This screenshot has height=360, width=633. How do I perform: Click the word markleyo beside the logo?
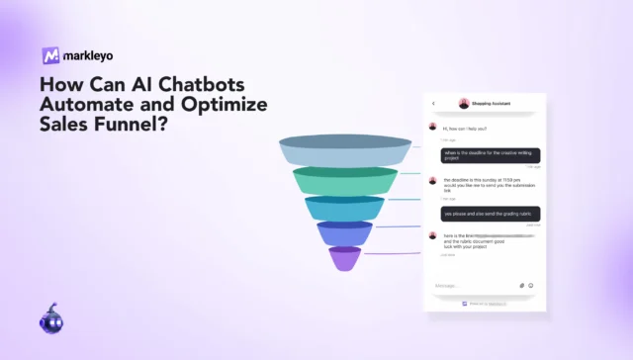[87, 55]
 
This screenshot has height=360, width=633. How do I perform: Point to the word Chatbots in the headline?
[224, 84]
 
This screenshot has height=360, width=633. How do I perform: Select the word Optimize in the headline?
[224, 104]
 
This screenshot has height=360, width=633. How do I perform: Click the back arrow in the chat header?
[433, 103]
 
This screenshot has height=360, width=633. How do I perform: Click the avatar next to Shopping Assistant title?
[463, 103]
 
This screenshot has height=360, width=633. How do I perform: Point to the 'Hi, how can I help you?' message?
[465, 128]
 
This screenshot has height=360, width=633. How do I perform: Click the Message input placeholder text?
[447, 285]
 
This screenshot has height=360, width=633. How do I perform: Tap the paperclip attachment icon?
[521, 285]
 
